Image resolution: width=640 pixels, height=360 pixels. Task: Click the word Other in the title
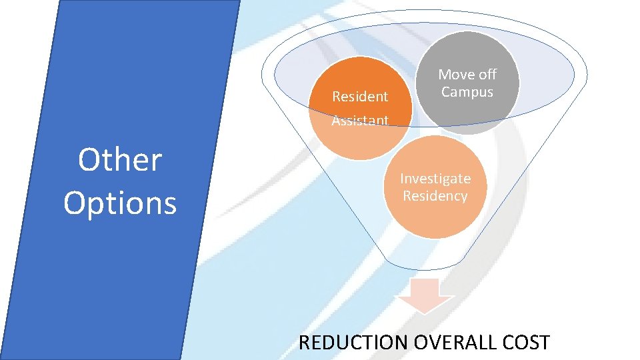(x=120, y=160)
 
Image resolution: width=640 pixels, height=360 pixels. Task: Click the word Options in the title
(x=120, y=203)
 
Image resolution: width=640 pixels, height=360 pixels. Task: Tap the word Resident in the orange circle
(x=360, y=97)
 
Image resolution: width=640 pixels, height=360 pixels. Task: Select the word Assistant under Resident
(x=360, y=121)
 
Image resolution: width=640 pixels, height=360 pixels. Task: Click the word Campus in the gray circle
(x=467, y=92)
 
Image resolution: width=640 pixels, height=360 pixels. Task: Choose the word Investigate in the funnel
(x=435, y=179)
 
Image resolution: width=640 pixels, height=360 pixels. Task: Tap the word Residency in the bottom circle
(x=435, y=196)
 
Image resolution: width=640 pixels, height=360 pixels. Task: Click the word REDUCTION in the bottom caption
(x=353, y=343)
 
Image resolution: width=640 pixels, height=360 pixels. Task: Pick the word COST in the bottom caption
(x=527, y=343)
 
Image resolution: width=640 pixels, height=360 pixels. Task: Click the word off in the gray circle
(x=485, y=75)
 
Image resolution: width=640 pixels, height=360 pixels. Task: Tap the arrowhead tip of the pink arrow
(x=425, y=311)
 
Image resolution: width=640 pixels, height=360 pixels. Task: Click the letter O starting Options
(x=75, y=203)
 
